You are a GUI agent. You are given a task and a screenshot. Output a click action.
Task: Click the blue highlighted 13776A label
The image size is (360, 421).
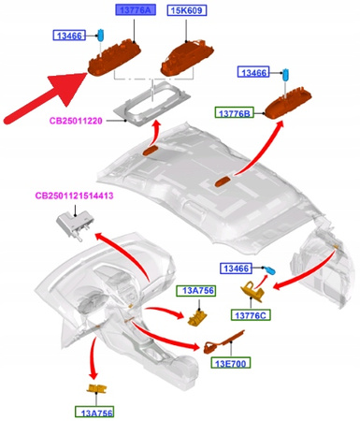(136, 10)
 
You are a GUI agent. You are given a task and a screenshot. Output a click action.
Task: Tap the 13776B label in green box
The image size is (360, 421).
(237, 113)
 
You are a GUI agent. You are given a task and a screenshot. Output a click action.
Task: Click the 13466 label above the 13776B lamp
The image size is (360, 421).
(255, 72)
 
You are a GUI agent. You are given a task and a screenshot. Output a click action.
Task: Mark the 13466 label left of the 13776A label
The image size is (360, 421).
(70, 36)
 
